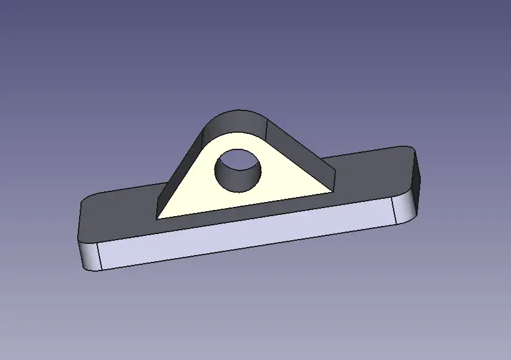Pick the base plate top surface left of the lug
117,213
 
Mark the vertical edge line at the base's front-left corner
99,256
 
